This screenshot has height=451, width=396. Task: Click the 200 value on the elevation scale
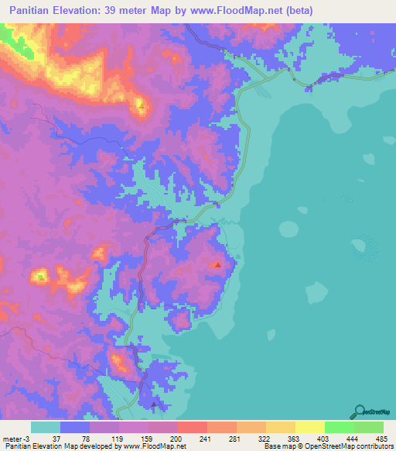pyautogui.click(x=176, y=439)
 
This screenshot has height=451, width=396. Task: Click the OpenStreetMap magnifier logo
pyautogui.click(x=360, y=411)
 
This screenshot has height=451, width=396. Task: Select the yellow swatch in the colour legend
pyautogui.click(x=309, y=428)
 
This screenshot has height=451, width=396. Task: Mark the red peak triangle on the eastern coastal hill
pyautogui.click(x=218, y=265)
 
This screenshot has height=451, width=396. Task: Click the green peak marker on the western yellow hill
pyautogui.click(x=41, y=276)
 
